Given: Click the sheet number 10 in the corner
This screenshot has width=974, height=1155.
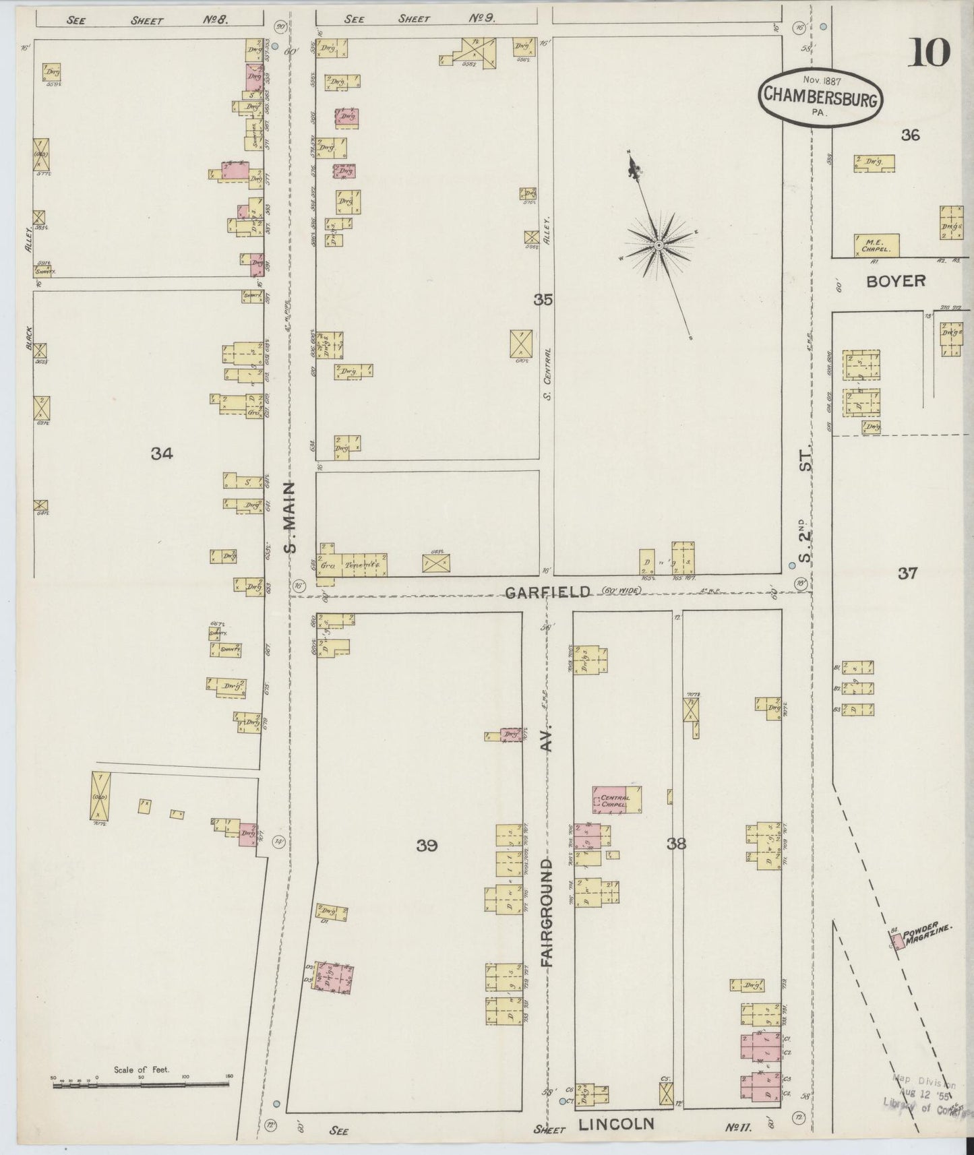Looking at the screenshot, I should click(x=929, y=53).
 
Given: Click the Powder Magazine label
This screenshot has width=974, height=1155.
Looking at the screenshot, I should click(x=927, y=936).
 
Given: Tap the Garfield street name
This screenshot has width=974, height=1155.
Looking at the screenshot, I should click(x=548, y=591).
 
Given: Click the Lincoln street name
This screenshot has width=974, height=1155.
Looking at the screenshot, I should click(x=616, y=1123).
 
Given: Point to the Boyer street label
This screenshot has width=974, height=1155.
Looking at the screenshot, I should click(x=896, y=281).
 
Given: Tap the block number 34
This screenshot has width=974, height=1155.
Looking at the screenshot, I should click(x=162, y=454).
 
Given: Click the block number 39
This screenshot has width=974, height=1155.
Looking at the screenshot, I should click(x=427, y=845).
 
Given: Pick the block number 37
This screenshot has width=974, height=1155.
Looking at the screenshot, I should click(x=907, y=573).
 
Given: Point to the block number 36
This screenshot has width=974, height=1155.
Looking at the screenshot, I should click(x=910, y=135).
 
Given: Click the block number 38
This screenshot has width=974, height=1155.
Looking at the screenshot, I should click(x=676, y=842).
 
